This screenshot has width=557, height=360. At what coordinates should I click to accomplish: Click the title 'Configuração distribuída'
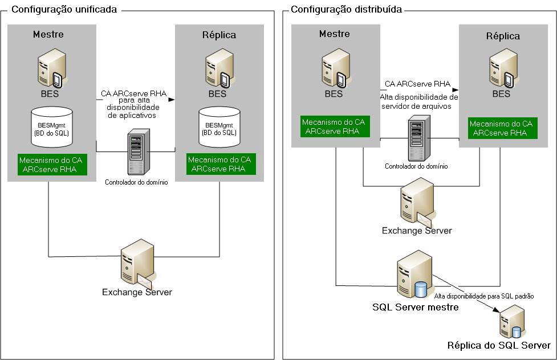point(346,10)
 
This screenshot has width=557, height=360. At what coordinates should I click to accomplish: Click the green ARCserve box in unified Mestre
point(52,164)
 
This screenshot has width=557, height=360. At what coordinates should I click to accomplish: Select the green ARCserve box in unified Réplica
point(219,164)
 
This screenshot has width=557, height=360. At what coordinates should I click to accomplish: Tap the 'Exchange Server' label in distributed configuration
point(417,231)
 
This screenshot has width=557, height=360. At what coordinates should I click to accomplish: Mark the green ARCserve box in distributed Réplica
point(501,128)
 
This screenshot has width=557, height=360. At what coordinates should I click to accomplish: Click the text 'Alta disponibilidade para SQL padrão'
point(487,296)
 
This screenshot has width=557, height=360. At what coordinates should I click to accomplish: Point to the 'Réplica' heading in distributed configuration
point(503,36)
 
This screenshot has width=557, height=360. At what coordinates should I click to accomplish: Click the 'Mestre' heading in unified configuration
point(48,34)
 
